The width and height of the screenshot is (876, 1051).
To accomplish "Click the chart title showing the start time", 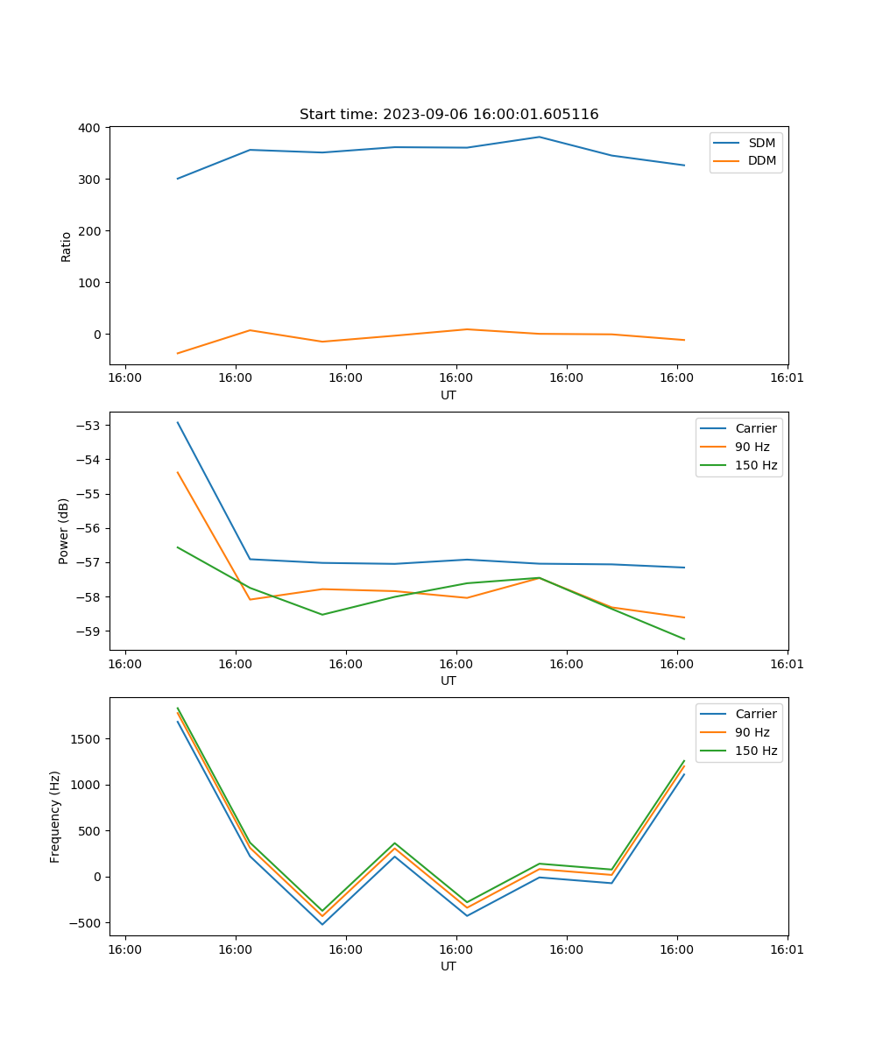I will [449, 115].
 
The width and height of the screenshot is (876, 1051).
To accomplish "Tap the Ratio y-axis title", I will [67, 246].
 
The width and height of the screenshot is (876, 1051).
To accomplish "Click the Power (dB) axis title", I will [64, 531].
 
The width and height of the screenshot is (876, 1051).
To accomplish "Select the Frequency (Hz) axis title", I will [55, 816].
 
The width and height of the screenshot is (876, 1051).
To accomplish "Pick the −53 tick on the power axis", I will [89, 426].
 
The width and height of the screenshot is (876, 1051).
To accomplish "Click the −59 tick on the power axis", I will [89, 631].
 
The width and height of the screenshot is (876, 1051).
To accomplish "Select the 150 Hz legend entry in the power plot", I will [756, 465].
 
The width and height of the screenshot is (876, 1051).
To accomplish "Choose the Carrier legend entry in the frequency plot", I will [755, 714].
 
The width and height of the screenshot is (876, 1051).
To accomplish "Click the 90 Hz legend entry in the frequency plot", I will [752, 732].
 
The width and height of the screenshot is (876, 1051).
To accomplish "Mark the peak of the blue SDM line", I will [539, 137].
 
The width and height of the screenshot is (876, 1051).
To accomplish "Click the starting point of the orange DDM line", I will [178, 353].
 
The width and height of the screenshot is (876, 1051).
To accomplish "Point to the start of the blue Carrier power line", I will [178, 422].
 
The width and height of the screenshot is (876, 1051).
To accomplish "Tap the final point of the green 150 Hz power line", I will [684, 639].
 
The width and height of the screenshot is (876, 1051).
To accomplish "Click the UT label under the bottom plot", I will [449, 966].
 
